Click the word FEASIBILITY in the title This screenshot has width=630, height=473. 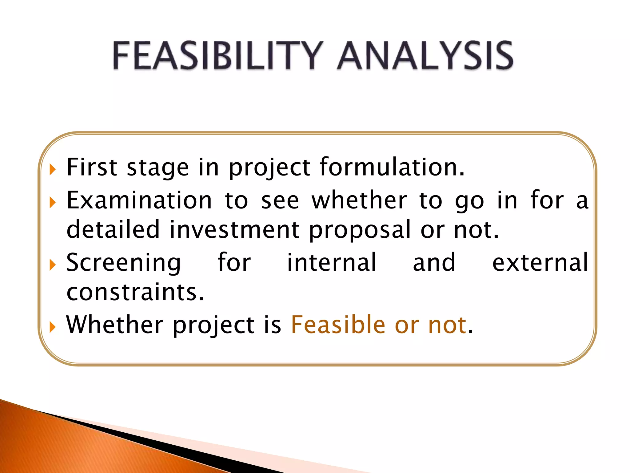tap(217, 56)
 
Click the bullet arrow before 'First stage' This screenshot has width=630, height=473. tap(53, 170)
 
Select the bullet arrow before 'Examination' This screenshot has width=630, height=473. tap(53, 203)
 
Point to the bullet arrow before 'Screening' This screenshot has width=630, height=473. tap(53, 265)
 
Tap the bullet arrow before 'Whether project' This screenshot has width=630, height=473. tap(53, 327)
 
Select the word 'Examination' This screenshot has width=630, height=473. tap(139, 200)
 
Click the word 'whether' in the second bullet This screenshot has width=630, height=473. tap(359, 200)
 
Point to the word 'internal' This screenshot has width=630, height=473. tap(331, 262)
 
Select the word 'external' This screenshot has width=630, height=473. tap(540, 262)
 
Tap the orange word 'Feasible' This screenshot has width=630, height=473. tap(338, 325)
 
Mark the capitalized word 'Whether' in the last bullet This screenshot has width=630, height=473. tap(115, 325)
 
